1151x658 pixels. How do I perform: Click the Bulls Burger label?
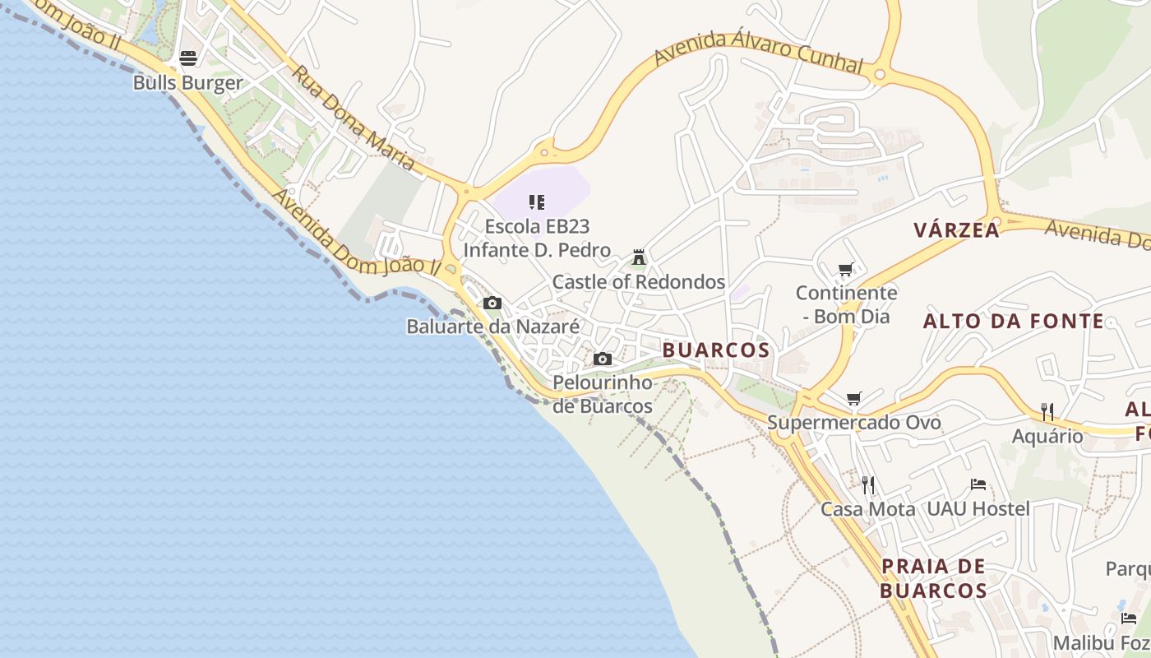click(188, 83)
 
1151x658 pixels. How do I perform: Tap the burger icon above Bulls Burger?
click(188, 58)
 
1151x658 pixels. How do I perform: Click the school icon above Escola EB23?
click(537, 202)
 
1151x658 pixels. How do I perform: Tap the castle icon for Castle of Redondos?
click(639, 257)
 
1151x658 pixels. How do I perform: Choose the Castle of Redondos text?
click(639, 282)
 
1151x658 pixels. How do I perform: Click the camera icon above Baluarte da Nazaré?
click(492, 304)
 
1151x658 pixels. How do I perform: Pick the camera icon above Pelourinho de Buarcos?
click(603, 359)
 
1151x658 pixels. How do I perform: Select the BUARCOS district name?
click(716, 350)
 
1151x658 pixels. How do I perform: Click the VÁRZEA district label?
click(957, 230)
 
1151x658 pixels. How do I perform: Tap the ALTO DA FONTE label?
click(1014, 322)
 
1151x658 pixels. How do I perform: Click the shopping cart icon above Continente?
click(845, 269)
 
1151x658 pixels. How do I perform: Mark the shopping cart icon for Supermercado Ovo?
click(854, 399)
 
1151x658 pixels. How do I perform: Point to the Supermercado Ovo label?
click(854, 423)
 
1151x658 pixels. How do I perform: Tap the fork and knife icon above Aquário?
click(1047, 411)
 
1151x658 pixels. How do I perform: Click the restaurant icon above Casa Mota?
click(868, 484)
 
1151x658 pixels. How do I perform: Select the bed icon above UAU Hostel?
click(978, 484)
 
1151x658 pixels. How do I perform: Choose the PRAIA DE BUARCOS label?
click(933, 578)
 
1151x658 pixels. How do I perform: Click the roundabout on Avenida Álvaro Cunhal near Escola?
click(543, 151)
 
